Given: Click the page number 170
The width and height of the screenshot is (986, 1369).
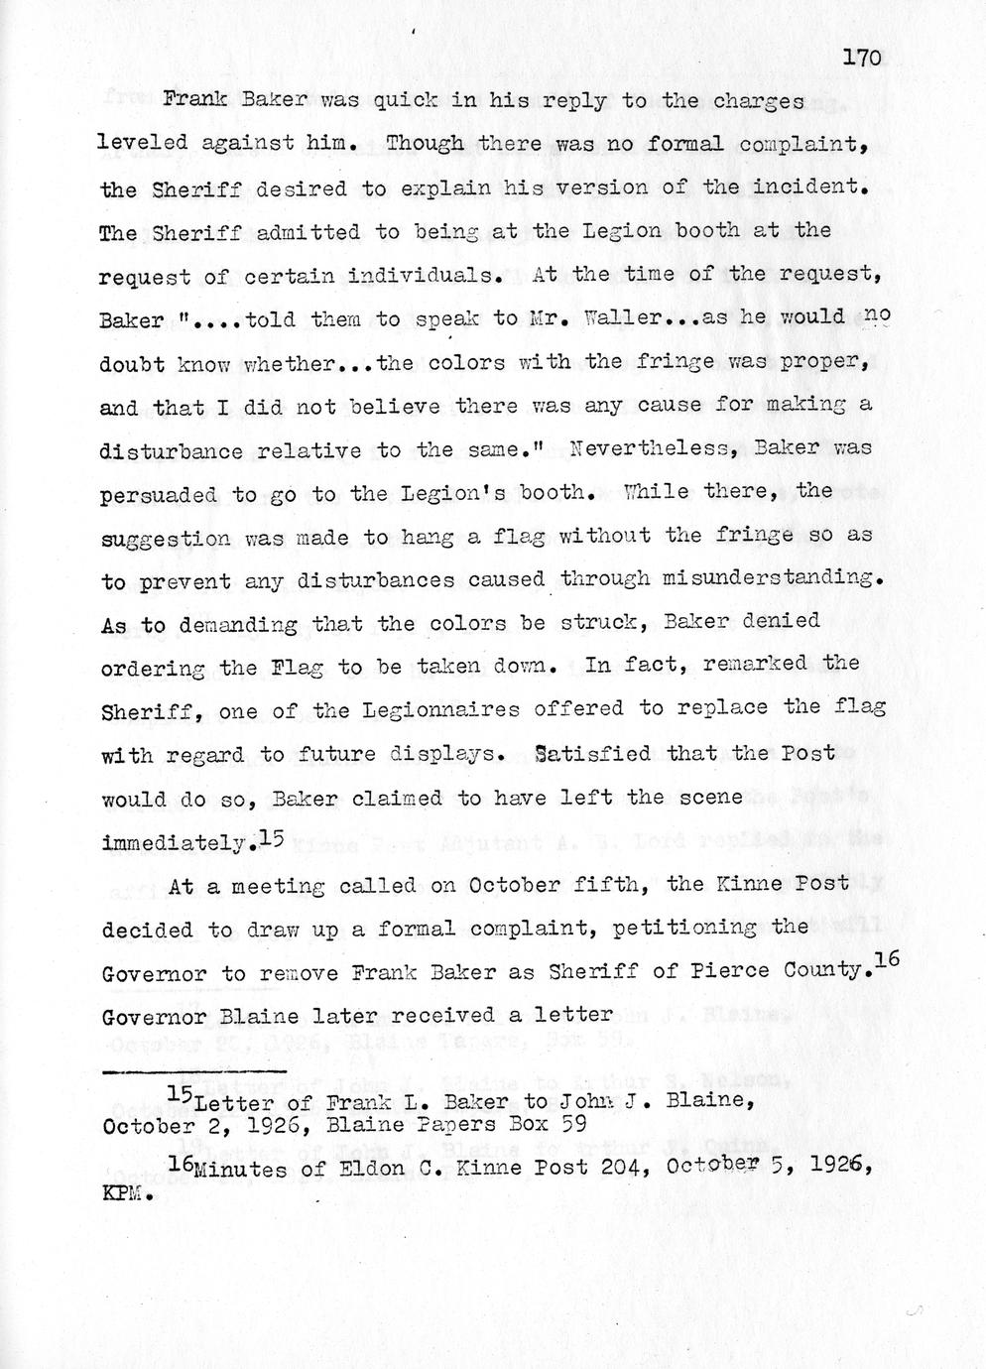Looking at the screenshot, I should click(861, 58).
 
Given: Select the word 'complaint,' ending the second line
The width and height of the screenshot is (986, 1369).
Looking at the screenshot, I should click(804, 144).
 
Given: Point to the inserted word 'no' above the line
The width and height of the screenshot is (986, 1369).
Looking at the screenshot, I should click(878, 315).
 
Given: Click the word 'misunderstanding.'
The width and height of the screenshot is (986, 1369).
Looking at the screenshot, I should click(769, 578).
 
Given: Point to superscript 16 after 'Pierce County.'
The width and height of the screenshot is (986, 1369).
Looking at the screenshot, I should click(886, 960).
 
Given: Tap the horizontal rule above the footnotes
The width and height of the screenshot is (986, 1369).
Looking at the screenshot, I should click(194, 1071).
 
